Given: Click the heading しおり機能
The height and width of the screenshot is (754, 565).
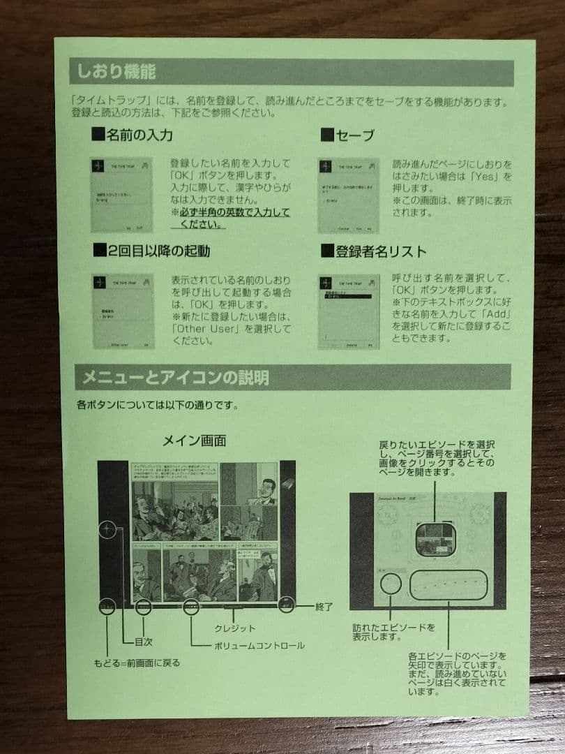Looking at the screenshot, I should click(116, 72).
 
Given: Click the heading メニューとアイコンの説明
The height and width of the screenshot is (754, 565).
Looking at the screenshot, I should click(174, 378).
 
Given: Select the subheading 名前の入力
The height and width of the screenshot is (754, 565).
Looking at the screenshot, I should click(139, 135).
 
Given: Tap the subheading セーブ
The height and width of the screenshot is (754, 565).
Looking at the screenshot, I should click(355, 135).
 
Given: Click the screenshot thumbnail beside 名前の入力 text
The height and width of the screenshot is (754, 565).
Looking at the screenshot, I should click(121, 195).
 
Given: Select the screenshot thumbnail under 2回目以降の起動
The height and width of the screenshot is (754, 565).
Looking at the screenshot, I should click(123, 311).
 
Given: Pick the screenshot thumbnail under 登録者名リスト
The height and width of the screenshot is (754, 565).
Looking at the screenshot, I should click(348, 311).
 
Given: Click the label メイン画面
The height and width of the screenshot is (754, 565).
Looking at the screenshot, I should click(195, 441).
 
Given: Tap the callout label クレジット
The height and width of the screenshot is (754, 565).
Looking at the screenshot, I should click(235, 628).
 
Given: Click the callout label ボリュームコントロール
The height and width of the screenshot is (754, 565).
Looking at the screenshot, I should click(259, 646).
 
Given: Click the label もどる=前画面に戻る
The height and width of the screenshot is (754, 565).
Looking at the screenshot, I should click(137, 663).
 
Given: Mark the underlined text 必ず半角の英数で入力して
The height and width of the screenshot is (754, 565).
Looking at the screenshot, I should click(230, 212).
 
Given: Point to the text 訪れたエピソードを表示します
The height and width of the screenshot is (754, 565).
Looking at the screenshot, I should click(393, 633).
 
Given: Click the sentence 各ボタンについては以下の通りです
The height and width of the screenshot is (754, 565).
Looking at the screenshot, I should click(158, 405).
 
